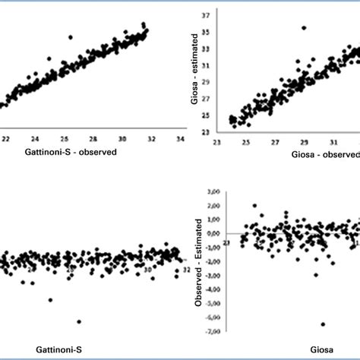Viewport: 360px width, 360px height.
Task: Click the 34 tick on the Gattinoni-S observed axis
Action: (179, 140)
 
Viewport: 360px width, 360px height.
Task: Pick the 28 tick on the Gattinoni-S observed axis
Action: (93, 140)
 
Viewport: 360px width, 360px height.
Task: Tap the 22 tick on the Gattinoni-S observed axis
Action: (6, 140)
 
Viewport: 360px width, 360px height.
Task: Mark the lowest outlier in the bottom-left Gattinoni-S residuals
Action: (79, 321)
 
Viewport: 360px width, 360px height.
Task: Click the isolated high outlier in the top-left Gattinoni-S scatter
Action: (71, 37)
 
